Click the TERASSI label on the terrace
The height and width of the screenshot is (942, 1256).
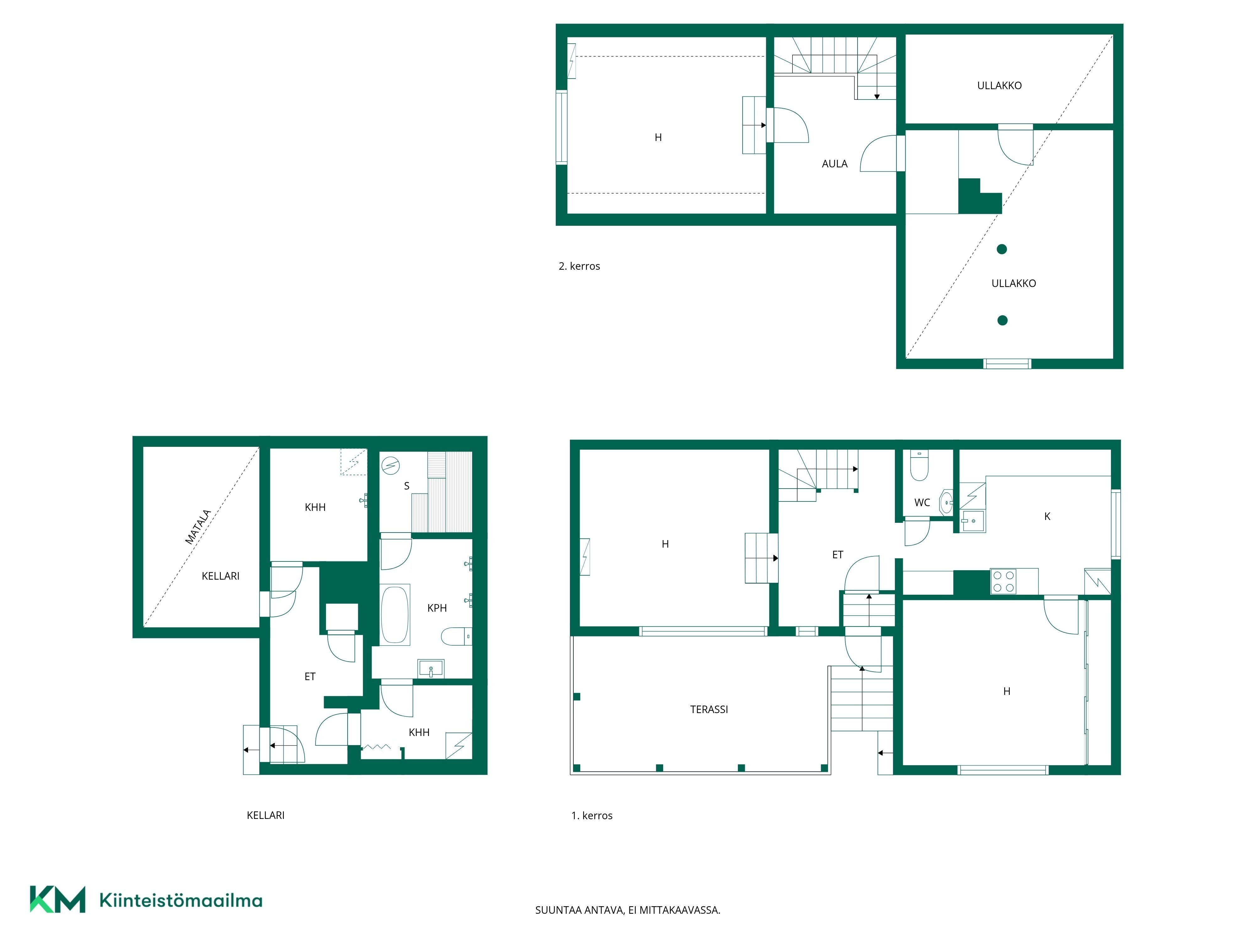(709, 709)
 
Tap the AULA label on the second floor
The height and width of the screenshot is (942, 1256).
(834, 164)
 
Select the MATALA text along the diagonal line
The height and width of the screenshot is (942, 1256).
(198, 527)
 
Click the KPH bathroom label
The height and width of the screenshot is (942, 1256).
(437, 608)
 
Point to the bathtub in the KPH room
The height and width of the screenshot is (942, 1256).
(395, 615)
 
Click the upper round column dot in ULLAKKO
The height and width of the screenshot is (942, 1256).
(1002, 249)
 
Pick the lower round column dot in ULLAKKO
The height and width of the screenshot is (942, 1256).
(1002, 320)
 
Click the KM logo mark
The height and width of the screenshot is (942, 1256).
(57, 899)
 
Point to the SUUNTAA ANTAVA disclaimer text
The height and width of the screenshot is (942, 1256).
(627, 910)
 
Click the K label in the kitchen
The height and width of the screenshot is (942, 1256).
(1047, 516)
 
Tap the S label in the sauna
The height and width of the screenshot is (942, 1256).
(407, 486)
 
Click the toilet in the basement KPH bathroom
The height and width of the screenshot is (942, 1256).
(457, 636)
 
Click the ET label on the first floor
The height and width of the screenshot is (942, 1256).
(837, 555)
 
